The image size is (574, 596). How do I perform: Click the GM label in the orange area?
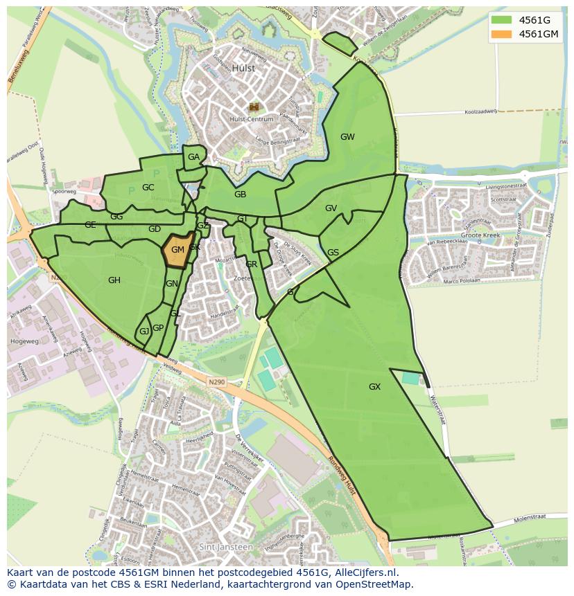tap(177, 250)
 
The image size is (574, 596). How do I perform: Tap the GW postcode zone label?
tap(347, 137)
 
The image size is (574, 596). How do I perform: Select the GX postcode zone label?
tap(375, 387)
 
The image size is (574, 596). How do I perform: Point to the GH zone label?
tap(114, 280)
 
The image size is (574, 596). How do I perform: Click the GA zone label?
tap(193, 157)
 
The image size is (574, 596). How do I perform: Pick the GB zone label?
tap(240, 195)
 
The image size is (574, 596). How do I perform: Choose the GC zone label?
tap(148, 188)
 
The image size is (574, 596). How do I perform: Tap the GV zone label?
tap(331, 208)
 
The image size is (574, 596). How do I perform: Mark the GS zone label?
tap(333, 253)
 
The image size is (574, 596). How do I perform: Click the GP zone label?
tap(158, 328)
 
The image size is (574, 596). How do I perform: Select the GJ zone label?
tap(144, 332)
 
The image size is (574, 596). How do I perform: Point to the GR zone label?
tap(252, 264)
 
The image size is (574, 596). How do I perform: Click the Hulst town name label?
tap(244, 69)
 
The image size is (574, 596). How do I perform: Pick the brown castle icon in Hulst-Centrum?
tap(254, 107)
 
